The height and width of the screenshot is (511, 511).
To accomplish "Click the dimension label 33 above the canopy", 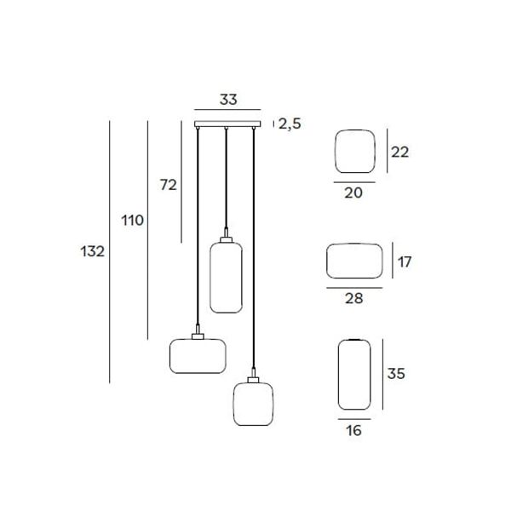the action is click(228, 100).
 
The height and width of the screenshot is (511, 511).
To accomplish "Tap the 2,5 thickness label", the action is click(290, 123).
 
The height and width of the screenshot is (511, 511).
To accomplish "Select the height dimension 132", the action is click(93, 251).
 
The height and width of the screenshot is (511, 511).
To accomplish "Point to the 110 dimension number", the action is click(132, 221).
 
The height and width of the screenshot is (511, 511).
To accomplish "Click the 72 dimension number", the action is click(168, 185).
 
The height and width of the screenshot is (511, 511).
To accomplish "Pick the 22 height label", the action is click(400, 152).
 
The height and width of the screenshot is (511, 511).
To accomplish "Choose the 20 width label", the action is click(353, 193).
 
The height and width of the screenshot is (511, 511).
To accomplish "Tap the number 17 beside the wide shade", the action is click(405, 261).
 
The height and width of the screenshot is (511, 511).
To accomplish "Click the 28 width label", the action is click(354, 298).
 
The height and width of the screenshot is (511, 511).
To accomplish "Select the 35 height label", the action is click(396, 374).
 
